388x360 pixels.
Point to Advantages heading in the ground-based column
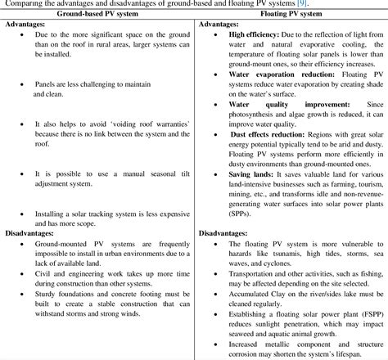pyautogui.click(x=26, y=25)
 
